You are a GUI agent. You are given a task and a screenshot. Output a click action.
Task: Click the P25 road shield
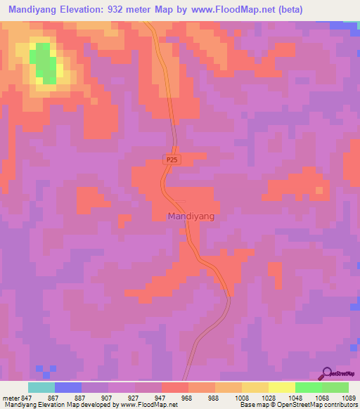pyautogui.click(x=172, y=160)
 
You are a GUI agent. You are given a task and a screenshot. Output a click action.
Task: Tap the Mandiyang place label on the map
pyautogui.click(x=191, y=217)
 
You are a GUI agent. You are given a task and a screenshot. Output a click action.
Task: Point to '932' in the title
pyautogui.click(x=143, y=10)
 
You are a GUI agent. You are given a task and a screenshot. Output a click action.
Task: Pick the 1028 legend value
pyautogui.click(x=268, y=397)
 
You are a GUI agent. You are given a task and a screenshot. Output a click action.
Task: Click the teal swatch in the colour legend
pyautogui.click(x=41, y=387)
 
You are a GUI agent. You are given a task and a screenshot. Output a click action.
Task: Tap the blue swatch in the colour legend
pyautogui.click(x=68, y=387)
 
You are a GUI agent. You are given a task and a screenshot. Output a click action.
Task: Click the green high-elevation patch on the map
pyautogui.click(x=44, y=63)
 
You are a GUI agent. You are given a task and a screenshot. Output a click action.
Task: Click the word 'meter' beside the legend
pyautogui.click(x=10, y=397)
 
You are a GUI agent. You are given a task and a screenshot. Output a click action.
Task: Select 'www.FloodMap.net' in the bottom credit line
pyautogui.click(x=148, y=405)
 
